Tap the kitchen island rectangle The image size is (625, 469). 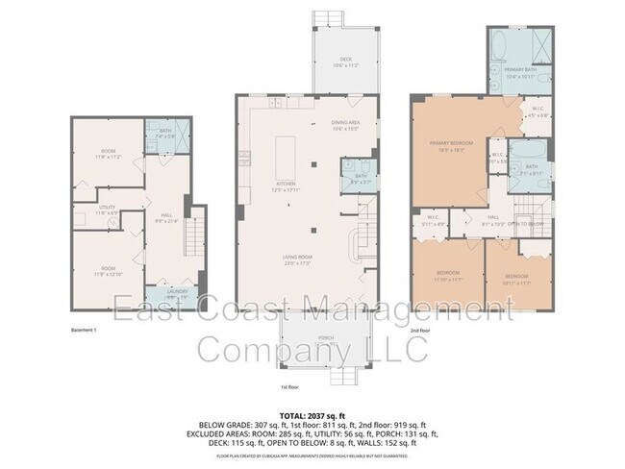point(286,153)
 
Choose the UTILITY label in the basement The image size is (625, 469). point(108,210)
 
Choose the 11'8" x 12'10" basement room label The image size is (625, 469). point(108,273)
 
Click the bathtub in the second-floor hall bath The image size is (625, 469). point(527,150)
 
